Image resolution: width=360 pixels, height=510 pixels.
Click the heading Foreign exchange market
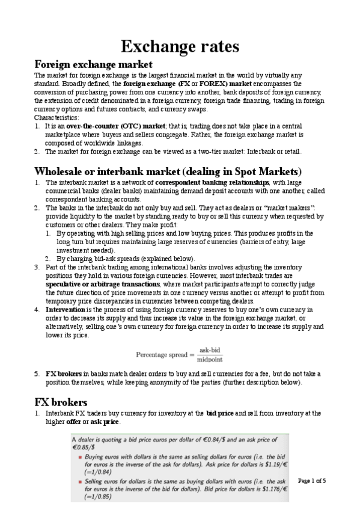[93, 64]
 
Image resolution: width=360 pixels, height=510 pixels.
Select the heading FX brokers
[61, 402]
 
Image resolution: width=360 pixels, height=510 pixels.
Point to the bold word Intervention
[64, 310]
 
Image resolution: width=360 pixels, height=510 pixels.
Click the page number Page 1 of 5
[311, 481]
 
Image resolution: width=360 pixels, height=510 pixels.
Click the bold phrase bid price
[222, 414]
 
